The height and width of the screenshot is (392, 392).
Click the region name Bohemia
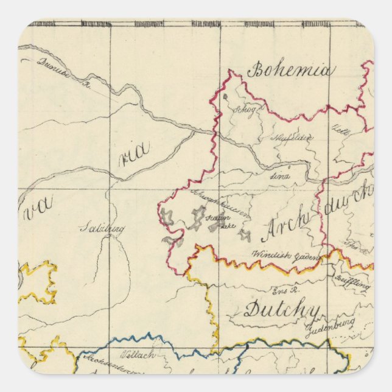click(x=290, y=71)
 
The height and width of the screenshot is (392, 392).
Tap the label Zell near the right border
click(x=339, y=130)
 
